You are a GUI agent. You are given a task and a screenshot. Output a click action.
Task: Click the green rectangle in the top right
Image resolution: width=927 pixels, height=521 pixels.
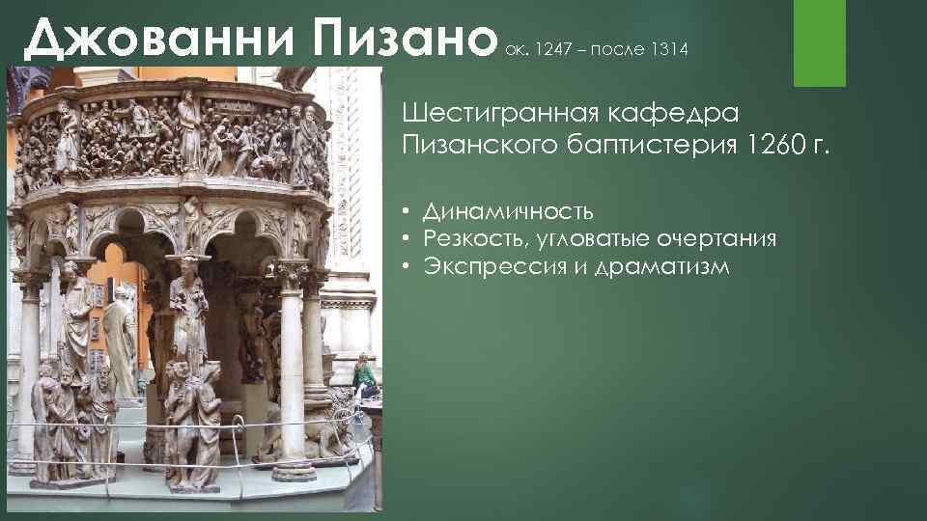coord(819,42)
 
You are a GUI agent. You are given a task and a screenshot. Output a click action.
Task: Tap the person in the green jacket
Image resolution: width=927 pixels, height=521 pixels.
coord(365,375)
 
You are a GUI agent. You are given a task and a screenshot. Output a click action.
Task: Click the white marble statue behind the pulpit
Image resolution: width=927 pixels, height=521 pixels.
coord(121,338)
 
